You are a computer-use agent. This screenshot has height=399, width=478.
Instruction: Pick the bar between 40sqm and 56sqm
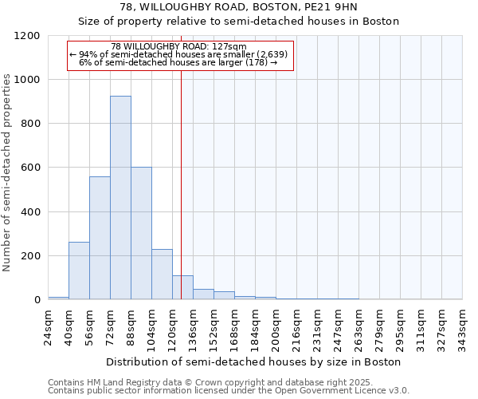point(79,271)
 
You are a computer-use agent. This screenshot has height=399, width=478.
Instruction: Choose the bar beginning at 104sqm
point(162,275)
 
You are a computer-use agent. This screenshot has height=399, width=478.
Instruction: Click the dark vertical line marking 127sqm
point(182,184)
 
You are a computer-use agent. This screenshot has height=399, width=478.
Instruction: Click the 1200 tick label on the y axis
point(27,36)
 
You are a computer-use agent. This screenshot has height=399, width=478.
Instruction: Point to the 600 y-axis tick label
point(30,168)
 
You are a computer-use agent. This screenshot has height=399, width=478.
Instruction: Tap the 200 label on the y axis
point(30,256)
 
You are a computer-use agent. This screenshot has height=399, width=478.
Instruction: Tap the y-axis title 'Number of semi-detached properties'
point(7,168)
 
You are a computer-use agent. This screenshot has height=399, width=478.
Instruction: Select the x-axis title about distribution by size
point(255,361)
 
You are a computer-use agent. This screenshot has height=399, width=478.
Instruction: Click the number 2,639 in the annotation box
point(272,54)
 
